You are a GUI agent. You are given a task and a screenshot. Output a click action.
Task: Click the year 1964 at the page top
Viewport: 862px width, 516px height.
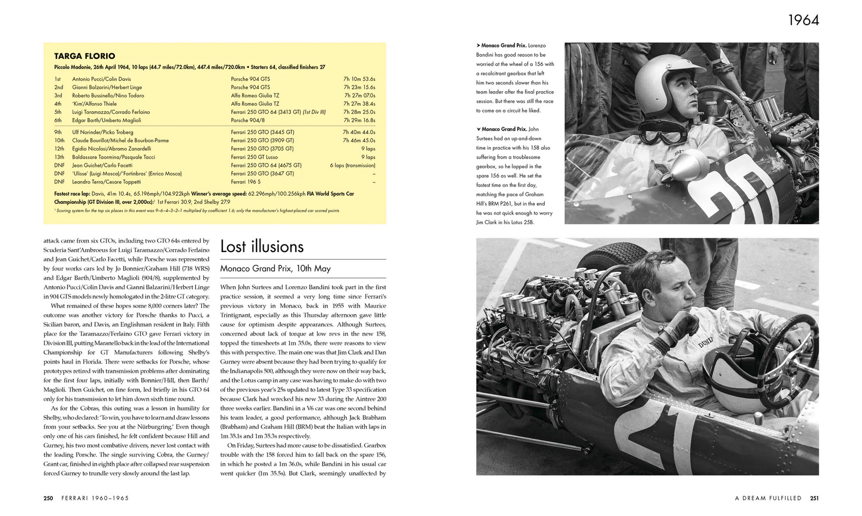tap(803, 20)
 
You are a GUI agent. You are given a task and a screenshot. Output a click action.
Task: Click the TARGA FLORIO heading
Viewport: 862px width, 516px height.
tap(84, 56)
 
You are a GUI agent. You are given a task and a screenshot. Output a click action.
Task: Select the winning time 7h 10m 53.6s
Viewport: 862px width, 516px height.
tap(359, 79)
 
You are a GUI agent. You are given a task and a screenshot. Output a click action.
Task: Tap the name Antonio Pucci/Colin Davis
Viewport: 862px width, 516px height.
tap(101, 79)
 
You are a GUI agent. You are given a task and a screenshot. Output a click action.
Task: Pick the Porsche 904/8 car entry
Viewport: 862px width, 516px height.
tap(248, 120)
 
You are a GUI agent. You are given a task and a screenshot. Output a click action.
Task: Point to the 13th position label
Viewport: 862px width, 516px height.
tap(59, 157)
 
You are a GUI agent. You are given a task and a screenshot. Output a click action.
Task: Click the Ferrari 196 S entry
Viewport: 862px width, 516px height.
tap(245, 182)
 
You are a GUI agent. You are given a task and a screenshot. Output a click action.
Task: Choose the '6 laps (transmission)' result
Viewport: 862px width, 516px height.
tap(352, 165)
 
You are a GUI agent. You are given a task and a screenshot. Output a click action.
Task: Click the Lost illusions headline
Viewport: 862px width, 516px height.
tap(262, 247)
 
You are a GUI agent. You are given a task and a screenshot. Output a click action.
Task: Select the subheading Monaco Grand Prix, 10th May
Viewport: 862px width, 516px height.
tap(275, 268)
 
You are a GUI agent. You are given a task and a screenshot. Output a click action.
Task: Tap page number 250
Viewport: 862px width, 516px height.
tap(48, 498)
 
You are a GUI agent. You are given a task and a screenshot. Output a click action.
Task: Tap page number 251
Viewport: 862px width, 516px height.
tap(814, 498)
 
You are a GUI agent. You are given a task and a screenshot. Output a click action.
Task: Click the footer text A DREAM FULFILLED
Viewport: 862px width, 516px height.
tap(768, 498)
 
